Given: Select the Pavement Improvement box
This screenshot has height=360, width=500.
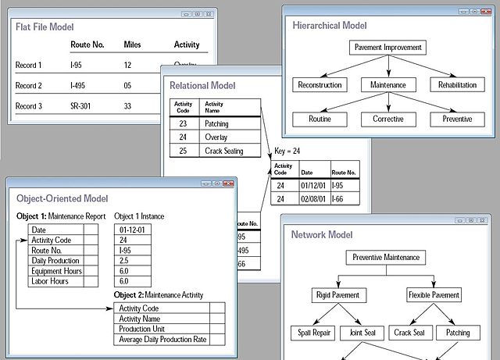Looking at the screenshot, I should coord(388,48).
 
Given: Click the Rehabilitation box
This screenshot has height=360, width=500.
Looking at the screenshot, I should coord(457,84).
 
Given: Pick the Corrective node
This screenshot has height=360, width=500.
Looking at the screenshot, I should coord(388,119).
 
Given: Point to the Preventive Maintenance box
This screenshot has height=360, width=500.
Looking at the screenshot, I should coord(385,257).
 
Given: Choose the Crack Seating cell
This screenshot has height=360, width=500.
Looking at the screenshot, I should coord(223,151).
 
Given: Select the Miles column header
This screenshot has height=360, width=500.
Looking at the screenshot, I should coord(132,45).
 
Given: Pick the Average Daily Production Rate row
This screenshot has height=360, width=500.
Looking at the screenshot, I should coord(162,339).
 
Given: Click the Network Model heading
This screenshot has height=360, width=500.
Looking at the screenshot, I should coord(321,234).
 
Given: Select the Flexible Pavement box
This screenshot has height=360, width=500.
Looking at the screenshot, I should coord(435,295).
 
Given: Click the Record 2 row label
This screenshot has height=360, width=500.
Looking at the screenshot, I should coord(28,85).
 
